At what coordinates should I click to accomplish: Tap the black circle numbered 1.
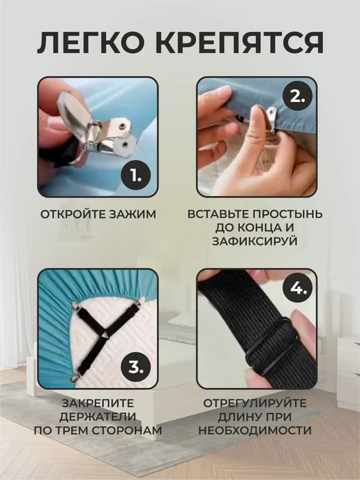(x=136, y=175)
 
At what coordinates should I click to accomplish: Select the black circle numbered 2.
(x=297, y=98)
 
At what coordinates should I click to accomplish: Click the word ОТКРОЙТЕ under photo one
(x=73, y=214)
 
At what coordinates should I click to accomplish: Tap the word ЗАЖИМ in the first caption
(x=133, y=214)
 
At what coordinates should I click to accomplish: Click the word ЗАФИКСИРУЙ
(x=255, y=241)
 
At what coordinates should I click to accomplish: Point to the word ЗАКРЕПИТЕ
(x=98, y=403)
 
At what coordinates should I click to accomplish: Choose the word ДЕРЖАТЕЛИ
(x=98, y=417)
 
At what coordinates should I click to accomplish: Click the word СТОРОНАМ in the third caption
(x=127, y=430)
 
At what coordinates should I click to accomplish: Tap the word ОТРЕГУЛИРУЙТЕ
(x=255, y=403)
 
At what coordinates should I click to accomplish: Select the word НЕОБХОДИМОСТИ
(x=255, y=430)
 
